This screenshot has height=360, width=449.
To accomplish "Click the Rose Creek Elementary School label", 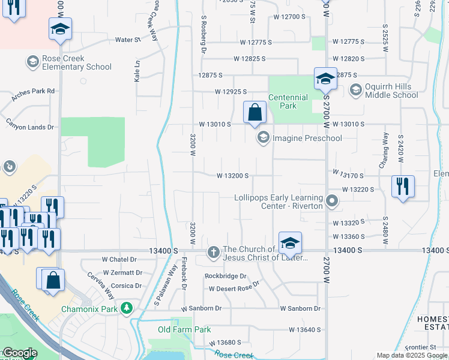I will (77, 63).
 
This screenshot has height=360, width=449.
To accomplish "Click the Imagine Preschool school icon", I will (262, 139).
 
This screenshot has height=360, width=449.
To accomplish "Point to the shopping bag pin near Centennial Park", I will (255, 112).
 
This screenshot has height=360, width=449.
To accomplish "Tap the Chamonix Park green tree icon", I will (126, 309).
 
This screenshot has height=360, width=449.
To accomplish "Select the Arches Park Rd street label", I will (34, 91).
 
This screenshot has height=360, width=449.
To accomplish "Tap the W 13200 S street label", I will (233, 176).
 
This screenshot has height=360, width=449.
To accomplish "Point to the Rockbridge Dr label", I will (226, 276).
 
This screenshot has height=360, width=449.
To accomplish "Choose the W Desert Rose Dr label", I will (234, 289).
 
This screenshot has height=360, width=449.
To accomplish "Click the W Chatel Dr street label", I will (119, 260).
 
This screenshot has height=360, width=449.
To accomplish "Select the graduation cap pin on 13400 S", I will (290, 242).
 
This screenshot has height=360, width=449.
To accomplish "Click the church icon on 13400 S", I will (213, 252).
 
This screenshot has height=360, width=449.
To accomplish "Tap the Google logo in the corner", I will (20, 353).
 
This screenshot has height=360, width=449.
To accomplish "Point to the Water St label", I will (127, 40).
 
